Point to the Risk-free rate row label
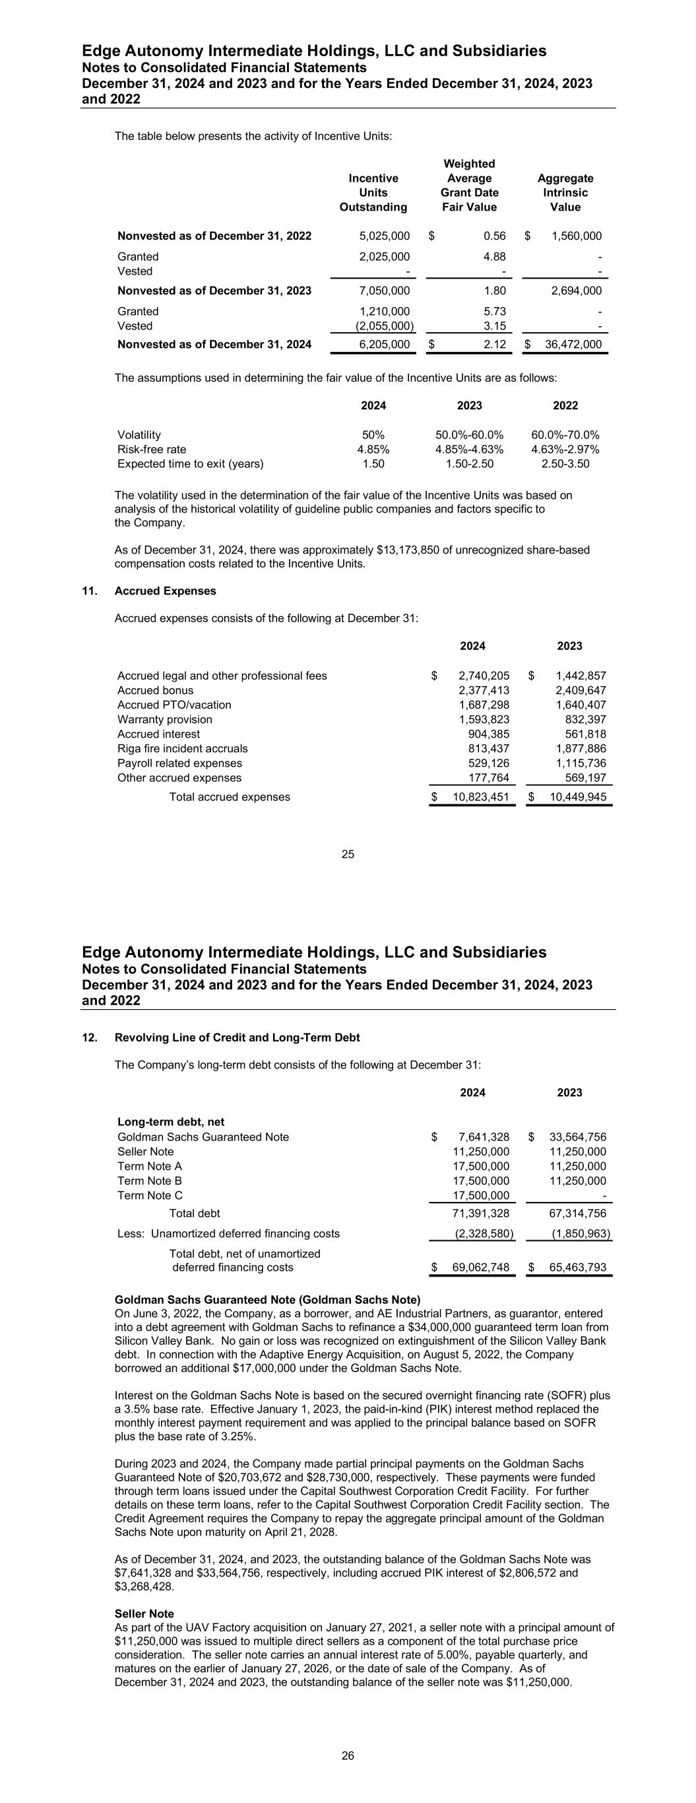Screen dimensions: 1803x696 [152, 449]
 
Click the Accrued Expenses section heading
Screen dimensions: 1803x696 [165, 590]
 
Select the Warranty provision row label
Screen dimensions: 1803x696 [165, 719]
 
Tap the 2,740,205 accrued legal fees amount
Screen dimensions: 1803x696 [484, 676]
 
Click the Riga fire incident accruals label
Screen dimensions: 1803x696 [183, 748]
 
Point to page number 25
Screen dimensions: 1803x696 [348, 854]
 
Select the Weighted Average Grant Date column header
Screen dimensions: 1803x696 [469, 186]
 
